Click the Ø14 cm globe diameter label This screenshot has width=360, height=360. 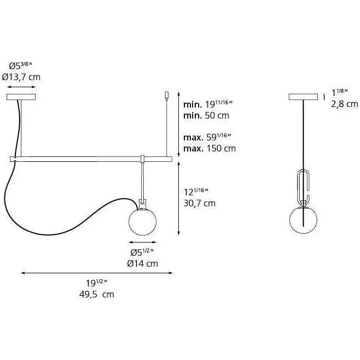[x=143, y=263]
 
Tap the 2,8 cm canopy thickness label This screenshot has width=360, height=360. [x=344, y=104]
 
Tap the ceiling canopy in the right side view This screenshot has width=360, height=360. [x=303, y=97]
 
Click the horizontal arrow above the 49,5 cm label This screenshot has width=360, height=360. [x=97, y=272]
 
